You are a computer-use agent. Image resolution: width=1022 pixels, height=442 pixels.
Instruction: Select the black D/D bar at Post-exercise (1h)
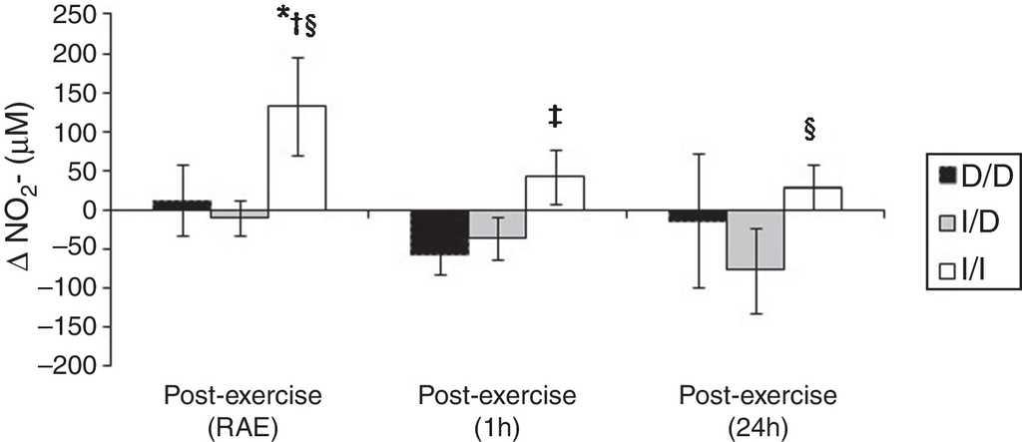(x=440, y=232)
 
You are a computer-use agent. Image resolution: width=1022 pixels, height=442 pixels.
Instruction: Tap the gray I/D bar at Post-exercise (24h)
(x=756, y=239)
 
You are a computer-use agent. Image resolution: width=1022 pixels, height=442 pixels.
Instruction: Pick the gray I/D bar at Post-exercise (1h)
(x=497, y=223)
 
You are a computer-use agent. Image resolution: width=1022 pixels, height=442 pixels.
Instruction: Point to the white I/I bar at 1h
(x=555, y=193)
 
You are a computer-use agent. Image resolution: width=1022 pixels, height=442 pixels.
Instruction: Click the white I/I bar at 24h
(x=812, y=199)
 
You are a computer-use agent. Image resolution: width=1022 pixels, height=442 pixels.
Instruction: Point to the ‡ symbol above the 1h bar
(x=554, y=118)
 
